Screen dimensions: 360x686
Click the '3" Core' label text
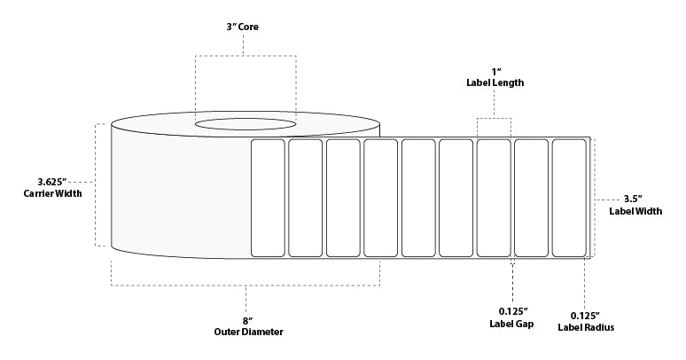coord(246,27)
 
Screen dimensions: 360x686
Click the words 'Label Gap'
coord(511,323)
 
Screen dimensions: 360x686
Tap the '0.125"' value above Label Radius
coord(584,316)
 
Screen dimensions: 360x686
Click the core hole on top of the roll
coord(246,123)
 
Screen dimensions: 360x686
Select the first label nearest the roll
coord(267,197)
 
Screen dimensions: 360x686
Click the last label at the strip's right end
coord(568,197)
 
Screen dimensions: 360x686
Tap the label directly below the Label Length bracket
coord(494,197)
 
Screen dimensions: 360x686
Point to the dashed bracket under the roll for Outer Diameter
coord(246,285)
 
